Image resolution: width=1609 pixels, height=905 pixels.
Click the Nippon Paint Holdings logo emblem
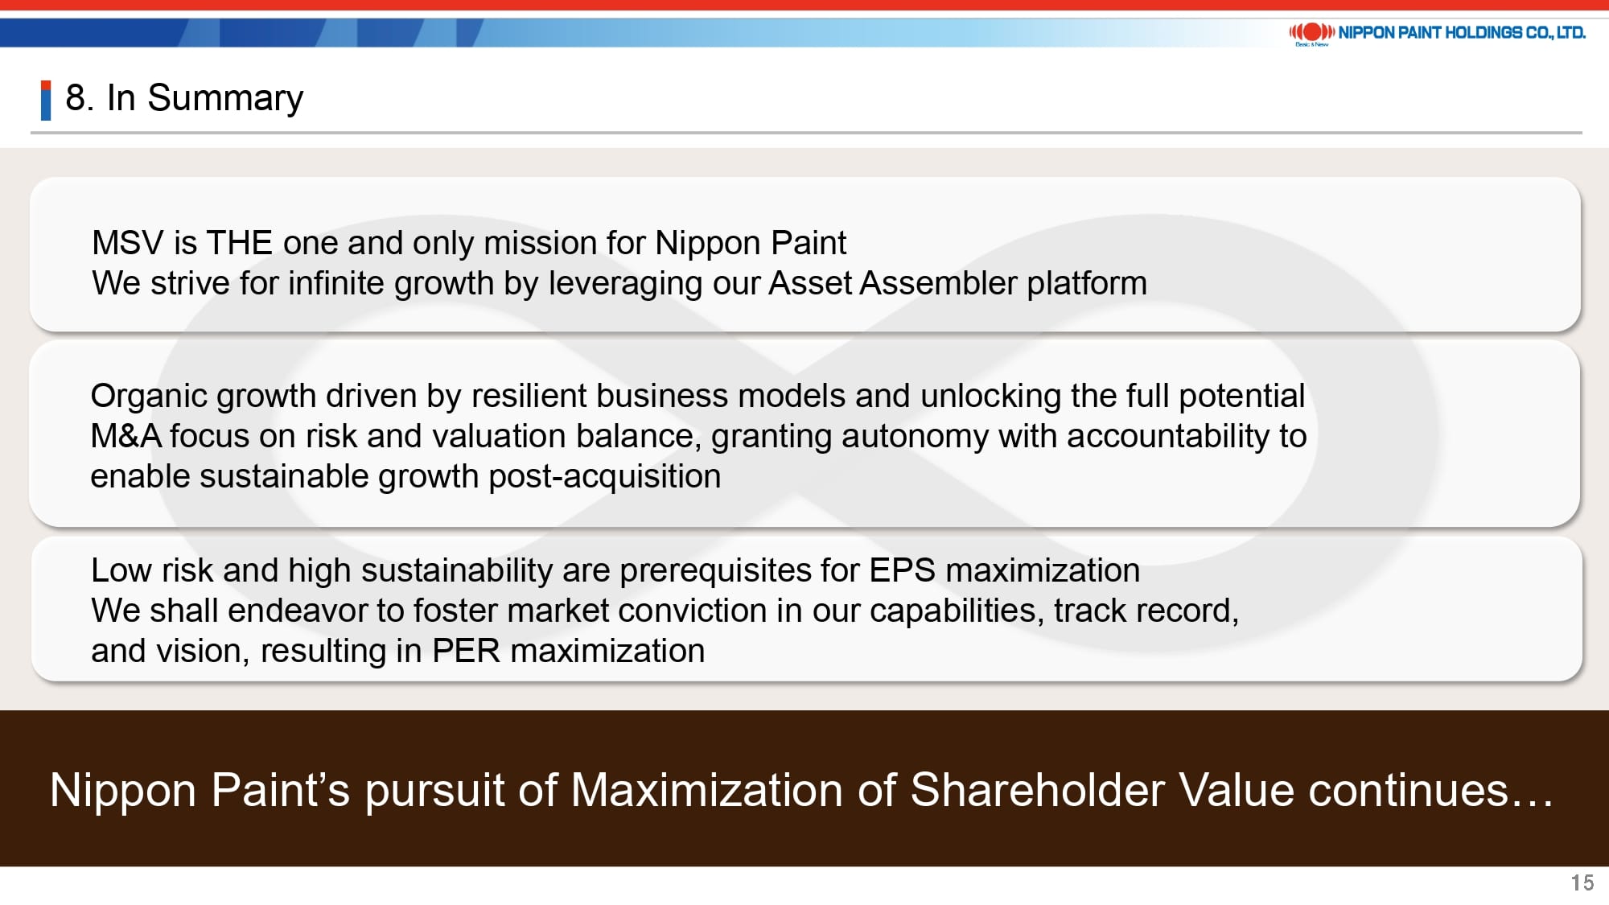(1312, 32)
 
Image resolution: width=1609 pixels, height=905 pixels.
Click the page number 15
(1582, 882)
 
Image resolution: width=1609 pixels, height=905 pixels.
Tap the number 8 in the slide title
(75, 98)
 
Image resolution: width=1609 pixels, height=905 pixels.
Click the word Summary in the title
(225, 99)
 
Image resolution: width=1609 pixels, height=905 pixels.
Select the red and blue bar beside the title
(46, 101)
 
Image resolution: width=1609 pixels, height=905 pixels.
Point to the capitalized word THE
(240, 243)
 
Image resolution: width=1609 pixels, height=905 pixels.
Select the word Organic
(148, 397)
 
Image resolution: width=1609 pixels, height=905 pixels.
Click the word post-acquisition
(605, 477)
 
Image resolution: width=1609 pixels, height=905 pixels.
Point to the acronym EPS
(902, 570)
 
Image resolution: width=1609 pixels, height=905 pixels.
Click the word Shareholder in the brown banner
(1037, 789)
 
